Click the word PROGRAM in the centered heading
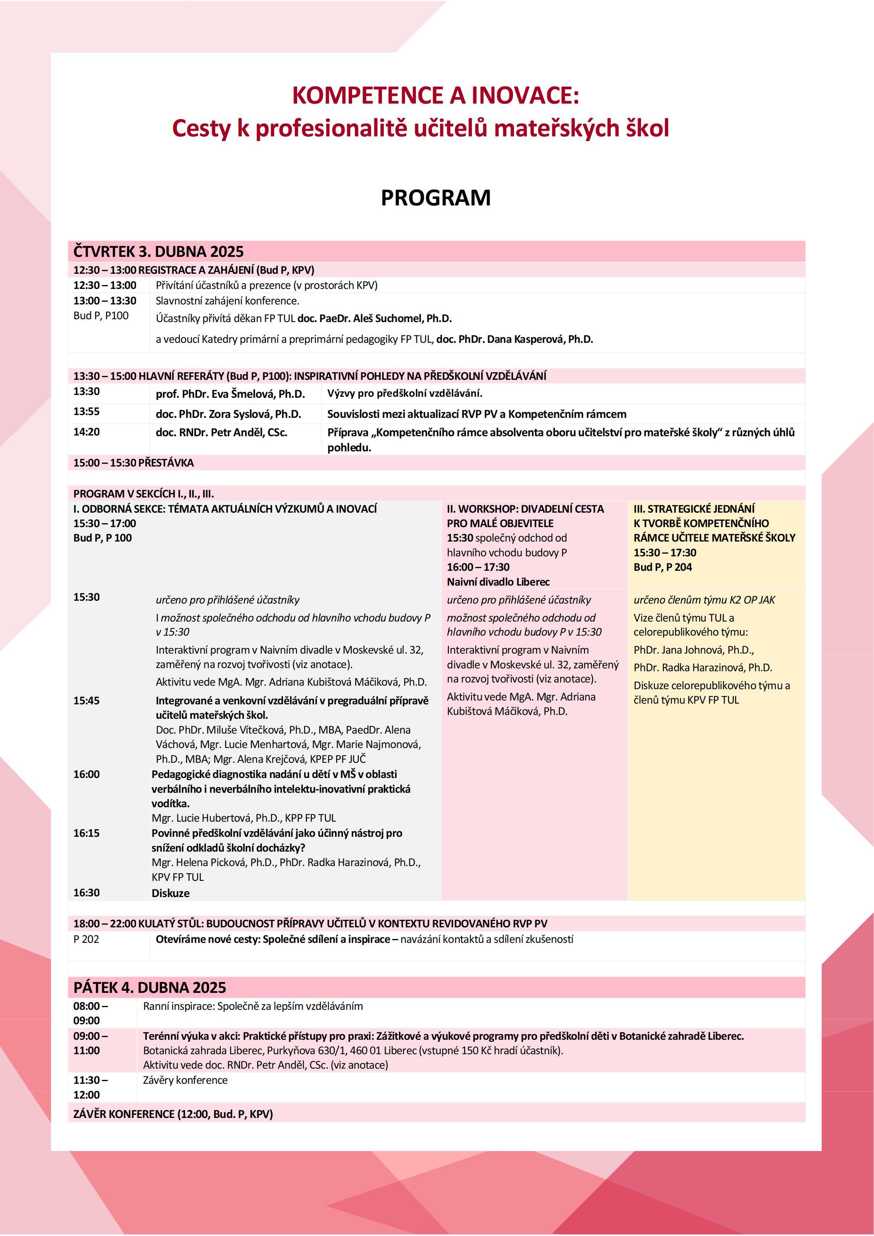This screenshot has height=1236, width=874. [436, 198]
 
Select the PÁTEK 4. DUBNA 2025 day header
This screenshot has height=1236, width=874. [150, 987]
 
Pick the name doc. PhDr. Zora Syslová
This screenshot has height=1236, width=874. [228, 414]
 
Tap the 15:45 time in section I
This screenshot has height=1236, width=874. [87, 701]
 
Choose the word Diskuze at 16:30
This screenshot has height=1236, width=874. [171, 893]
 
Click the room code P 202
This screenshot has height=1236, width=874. [86, 939]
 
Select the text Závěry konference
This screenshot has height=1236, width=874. [185, 1080]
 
